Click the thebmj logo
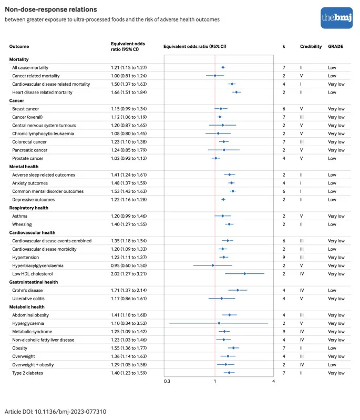coord(336,18)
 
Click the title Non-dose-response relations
coord(51,9)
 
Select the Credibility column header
coord(311,46)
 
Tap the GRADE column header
coord(335,46)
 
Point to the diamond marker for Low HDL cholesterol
coord(244,274)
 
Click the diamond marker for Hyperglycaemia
coord(219,323)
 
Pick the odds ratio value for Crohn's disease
coord(129,290)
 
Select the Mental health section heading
coord(24,167)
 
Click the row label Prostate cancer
coord(27,158)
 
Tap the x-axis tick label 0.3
coord(167,381)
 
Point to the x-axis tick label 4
coord(273,381)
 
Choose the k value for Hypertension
coord(284,258)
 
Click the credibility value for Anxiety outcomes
coord(301,183)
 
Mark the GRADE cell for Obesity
coord(332,348)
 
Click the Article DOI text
coord(56,412)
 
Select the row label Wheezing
coord(22,224)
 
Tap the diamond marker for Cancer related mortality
coord(215,76)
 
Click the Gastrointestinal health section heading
coord(34,282)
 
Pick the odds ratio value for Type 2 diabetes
coord(129,373)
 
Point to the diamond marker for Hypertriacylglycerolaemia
coord(213,265)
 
